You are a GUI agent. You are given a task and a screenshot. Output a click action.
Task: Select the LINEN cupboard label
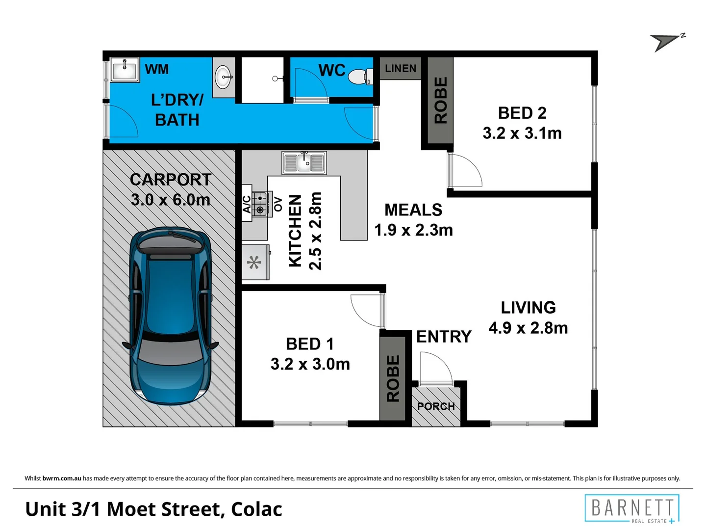(400, 69)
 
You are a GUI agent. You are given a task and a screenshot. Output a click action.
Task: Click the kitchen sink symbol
(304, 162)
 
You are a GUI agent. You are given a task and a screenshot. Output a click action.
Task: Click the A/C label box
(247, 204)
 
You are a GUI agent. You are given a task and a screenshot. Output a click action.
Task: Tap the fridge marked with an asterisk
(255, 262)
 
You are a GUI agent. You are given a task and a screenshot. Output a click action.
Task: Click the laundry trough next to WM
(125, 69)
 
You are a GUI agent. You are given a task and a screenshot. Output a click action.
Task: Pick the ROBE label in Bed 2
(440, 100)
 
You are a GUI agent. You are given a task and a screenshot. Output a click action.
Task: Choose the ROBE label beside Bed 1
(393, 378)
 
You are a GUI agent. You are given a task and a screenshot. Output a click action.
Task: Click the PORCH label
(436, 406)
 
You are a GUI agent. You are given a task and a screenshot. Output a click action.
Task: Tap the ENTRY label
(443, 337)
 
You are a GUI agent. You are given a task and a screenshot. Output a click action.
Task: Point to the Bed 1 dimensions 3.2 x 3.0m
(310, 364)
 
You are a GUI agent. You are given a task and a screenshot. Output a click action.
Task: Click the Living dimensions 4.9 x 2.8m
(528, 328)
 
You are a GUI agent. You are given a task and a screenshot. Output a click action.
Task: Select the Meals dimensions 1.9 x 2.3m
(413, 230)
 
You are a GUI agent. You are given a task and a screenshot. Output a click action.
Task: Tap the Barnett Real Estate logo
(632, 508)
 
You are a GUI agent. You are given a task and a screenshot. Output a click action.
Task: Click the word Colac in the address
(256, 509)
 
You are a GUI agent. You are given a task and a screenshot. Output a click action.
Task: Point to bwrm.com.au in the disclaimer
(62, 478)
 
